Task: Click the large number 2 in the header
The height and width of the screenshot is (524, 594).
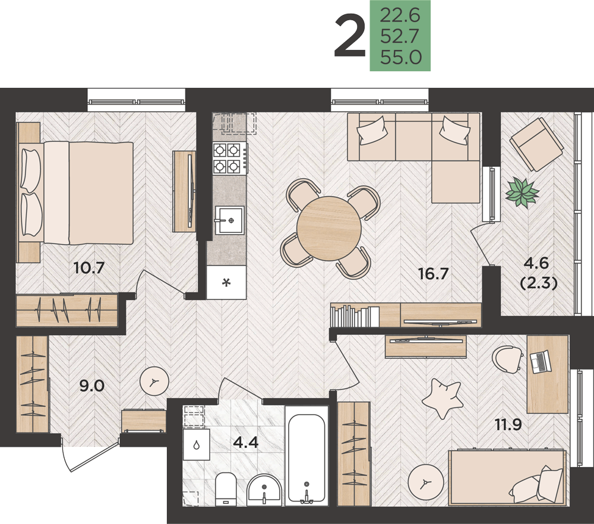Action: [350, 35]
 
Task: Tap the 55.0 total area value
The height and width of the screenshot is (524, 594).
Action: [401, 58]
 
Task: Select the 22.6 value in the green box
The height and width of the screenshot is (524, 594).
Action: [400, 15]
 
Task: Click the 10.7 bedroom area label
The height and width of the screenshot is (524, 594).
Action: [89, 269]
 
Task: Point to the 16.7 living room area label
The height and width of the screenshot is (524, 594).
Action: [434, 273]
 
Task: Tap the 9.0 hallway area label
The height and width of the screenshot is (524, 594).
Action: [91, 386]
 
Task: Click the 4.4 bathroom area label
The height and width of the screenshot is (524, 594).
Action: [246, 442]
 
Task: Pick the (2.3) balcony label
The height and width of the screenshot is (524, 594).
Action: [539, 283]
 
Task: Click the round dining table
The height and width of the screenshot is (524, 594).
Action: [329, 228]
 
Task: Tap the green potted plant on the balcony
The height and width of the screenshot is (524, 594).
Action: [522, 192]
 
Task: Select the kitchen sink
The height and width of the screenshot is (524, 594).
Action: [229, 220]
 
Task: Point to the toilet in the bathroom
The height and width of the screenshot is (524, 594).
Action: [226, 489]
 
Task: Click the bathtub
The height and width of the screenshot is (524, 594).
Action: [307, 456]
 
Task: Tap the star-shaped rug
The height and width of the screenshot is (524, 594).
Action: [442, 398]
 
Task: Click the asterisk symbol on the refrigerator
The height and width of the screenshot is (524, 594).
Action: [226, 282]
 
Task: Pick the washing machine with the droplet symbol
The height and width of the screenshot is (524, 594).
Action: [196, 444]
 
